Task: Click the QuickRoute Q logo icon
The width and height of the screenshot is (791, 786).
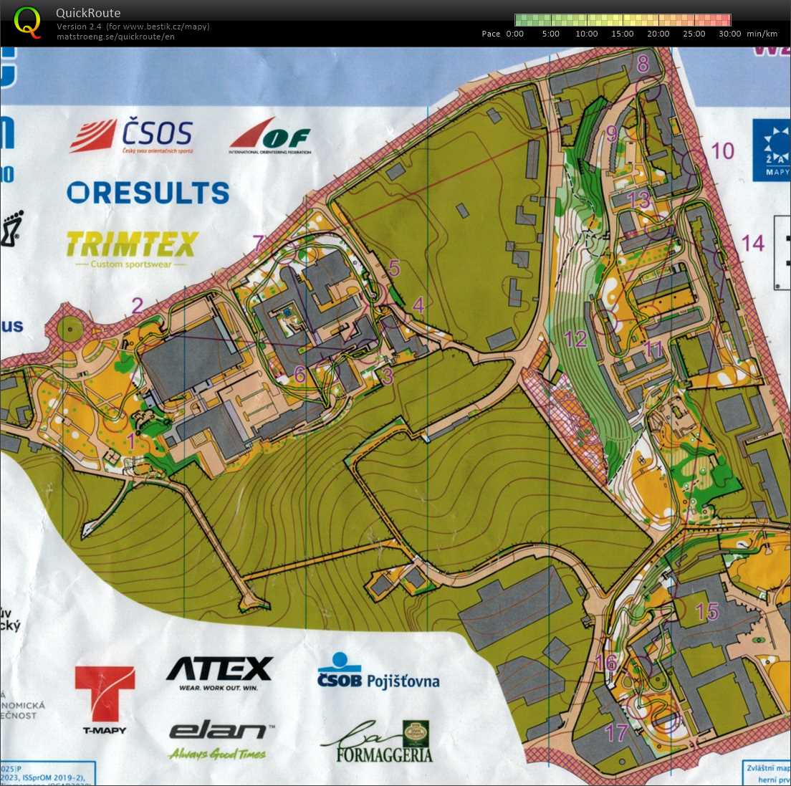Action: pyautogui.click(x=27, y=21)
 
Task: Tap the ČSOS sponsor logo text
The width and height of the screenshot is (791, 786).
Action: pyautogui.click(x=157, y=133)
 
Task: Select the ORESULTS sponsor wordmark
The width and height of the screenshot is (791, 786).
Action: pyautogui.click(x=148, y=192)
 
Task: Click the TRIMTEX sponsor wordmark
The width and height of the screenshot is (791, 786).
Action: pyautogui.click(x=132, y=245)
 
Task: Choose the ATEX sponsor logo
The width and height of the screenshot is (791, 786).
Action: pyautogui.click(x=219, y=670)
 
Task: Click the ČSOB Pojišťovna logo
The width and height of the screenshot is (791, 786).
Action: pyautogui.click(x=378, y=672)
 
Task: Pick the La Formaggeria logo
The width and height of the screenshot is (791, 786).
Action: pyautogui.click(x=378, y=742)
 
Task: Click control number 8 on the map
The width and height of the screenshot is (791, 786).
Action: pyautogui.click(x=643, y=64)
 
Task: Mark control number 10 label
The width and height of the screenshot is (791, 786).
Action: pyautogui.click(x=723, y=150)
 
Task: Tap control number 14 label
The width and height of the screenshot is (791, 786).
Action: pyautogui.click(x=752, y=244)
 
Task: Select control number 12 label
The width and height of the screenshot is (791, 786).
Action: pyautogui.click(x=575, y=339)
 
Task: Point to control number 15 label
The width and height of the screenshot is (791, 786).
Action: pyautogui.click(x=707, y=611)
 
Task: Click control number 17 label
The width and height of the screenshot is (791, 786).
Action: pyautogui.click(x=617, y=732)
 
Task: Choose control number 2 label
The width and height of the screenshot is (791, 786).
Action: pyautogui.click(x=137, y=306)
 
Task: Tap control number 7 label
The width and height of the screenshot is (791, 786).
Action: pyautogui.click(x=259, y=243)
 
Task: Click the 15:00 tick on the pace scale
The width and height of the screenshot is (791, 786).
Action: pyautogui.click(x=623, y=34)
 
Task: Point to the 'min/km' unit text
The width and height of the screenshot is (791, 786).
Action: pyautogui.click(x=762, y=34)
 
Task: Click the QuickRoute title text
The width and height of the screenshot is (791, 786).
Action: pyautogui.click(x=88, y=13)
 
